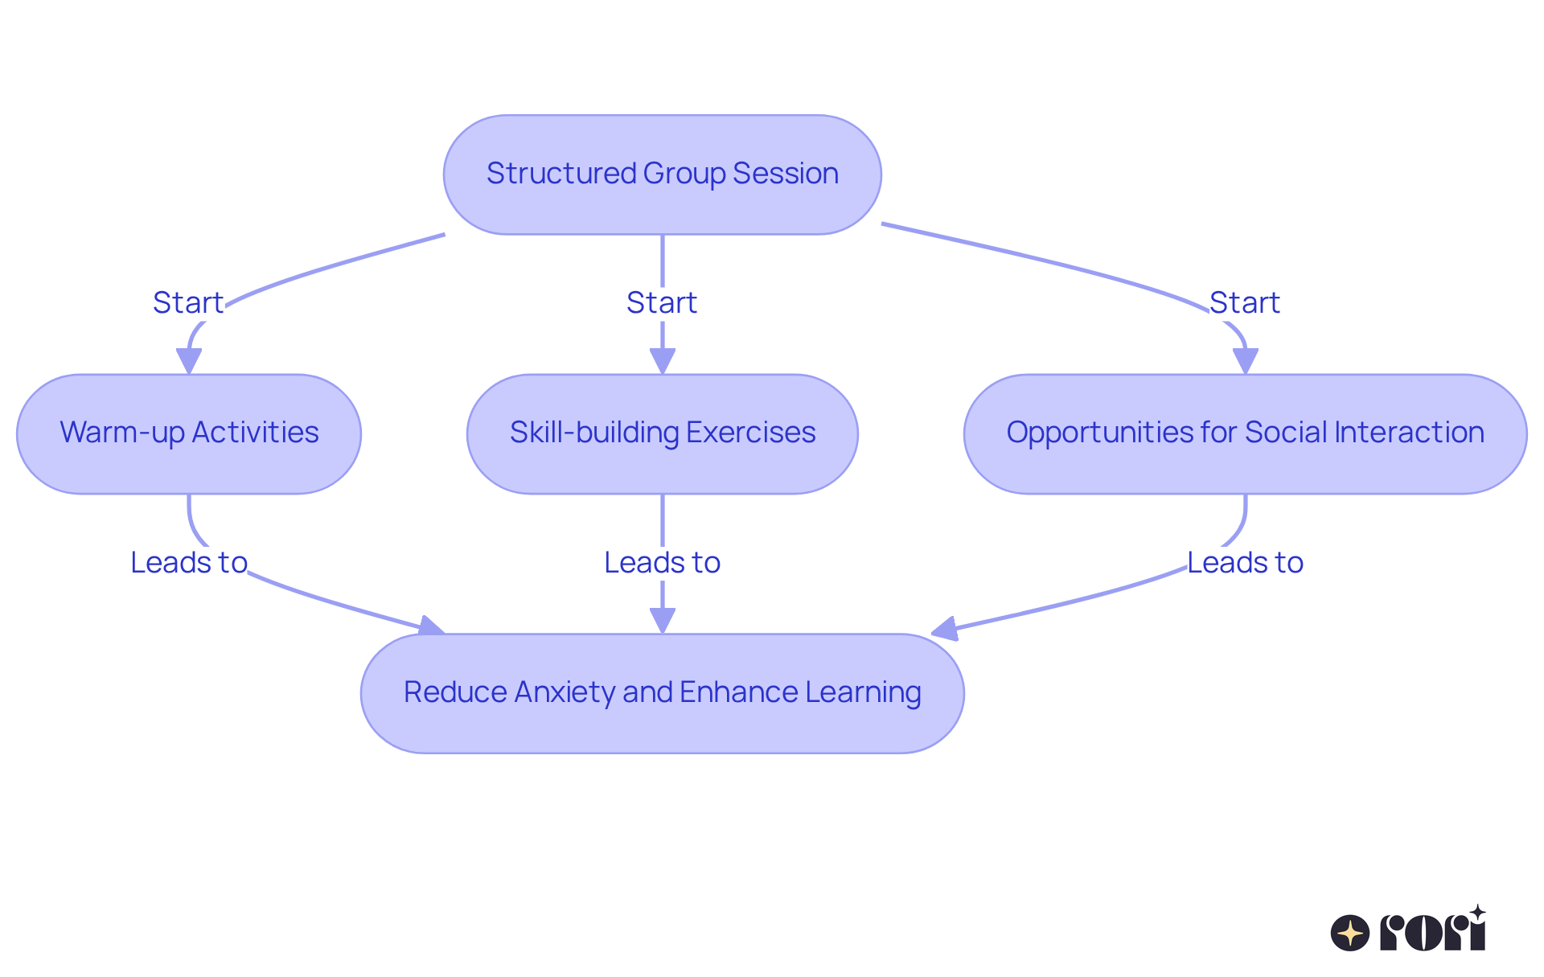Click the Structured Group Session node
[662, 174]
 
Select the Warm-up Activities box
[189, 433]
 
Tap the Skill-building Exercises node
[662, 433]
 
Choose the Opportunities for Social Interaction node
[1245, 433]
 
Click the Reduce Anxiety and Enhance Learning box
[662, 693]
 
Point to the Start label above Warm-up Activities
[188, 303]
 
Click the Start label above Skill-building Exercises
[662, 303]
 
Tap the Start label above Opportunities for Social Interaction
[1244, 303]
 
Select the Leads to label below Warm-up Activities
[189, 563]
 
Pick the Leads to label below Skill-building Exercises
[662, 563]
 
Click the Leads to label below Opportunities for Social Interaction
[1245, 563]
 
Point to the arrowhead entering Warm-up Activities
[189, 361]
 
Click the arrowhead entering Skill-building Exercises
[662, 361]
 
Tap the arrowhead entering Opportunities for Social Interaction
[1245, 361]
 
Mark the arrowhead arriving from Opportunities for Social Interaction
[946, 629]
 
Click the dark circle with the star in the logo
[1349, 933]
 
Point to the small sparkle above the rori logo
[1477, 912]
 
